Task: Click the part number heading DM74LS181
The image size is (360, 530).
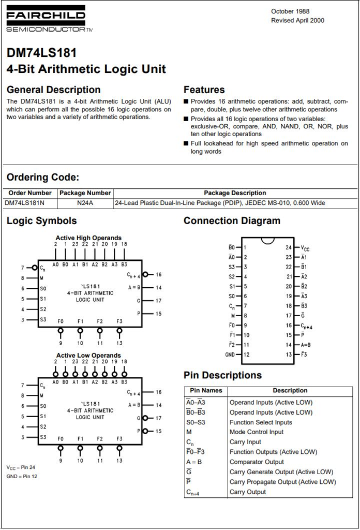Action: coord(41,53)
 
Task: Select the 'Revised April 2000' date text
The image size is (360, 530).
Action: coord(297,21)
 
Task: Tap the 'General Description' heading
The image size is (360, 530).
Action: coord(53,90)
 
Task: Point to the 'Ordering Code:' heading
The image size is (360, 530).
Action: coord(42,178)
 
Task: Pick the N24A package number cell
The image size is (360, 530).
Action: coord(85,203)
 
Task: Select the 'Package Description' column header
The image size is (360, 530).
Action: coord(235,193)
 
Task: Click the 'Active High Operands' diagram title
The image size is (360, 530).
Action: coord(88,238)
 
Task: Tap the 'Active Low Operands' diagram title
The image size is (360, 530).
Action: coord(88,356)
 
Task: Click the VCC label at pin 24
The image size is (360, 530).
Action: coord(305,248)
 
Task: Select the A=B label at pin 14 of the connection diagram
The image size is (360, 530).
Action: coord(306,345)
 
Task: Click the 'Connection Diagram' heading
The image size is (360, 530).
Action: coord(232,221)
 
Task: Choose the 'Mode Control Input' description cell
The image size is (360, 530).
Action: coord(257,432)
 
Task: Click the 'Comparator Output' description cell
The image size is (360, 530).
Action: coord(257,462)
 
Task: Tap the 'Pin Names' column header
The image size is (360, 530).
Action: coord(206,391)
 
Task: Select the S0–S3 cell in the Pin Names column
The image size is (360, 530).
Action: coord(196,422)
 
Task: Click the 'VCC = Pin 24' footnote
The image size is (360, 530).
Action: coord(21,468)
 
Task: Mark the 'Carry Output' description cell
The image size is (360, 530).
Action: coord(248,492)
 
